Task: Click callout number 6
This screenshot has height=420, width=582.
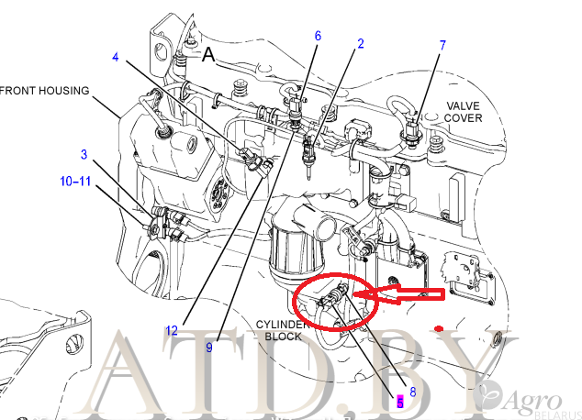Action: click(318, 36)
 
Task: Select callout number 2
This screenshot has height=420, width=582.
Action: click(360, 44)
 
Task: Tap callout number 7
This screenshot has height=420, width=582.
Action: click(442, 45)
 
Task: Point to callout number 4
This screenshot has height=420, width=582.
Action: click(116, 57)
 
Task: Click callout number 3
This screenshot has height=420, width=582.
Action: click(84, 154)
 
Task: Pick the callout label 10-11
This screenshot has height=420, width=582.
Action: click(75, 182)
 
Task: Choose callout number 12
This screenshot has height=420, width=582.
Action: click(171, 330)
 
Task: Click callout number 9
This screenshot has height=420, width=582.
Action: click(209, 347)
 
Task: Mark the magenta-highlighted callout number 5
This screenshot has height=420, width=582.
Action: click(399, 400)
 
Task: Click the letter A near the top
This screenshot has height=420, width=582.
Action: click(208, 55)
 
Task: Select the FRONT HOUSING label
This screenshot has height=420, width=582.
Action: click(46, 91)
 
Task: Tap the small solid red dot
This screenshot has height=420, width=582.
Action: click(441, 327)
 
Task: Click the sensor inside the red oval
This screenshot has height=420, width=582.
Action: click(336, 298)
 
